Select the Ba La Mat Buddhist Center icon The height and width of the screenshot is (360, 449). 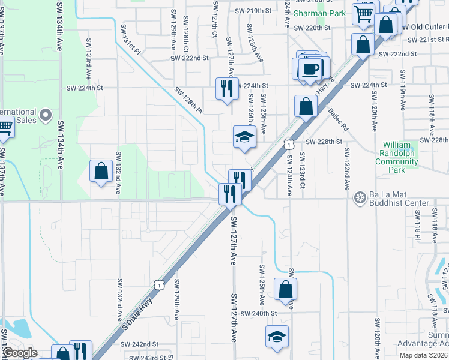pos(360,197)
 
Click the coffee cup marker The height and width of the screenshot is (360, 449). pos(310,68)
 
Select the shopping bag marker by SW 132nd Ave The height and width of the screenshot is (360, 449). pos(101,171)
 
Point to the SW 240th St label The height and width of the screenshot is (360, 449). pos(259,313)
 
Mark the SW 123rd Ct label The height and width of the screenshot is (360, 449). pos(303,175)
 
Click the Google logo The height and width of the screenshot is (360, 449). pos(19,353)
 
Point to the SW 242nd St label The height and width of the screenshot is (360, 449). pos(139,344)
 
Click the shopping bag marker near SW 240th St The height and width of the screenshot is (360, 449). pos(285,289)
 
